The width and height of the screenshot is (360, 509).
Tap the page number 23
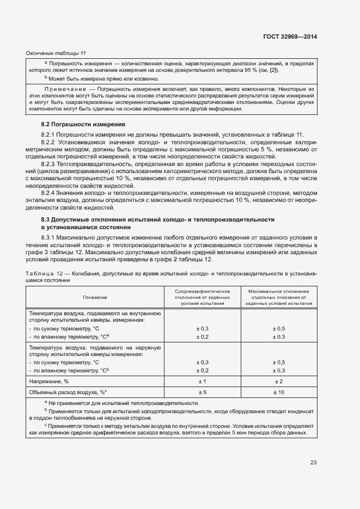pyautogui.click(x=313, y=462)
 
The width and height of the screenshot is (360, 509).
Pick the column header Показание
pyautogui.click(x=95, y=297)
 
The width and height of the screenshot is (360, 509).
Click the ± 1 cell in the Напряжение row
pyautogui.click(x=202, y=381)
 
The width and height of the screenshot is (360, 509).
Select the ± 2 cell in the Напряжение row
pyautogui.click(x=279, y=381)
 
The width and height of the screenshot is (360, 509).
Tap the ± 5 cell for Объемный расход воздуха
pyautogui.click(x=202, y=392)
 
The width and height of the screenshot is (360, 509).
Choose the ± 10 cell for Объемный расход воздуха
pyautogui.click(x=279, y=392)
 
